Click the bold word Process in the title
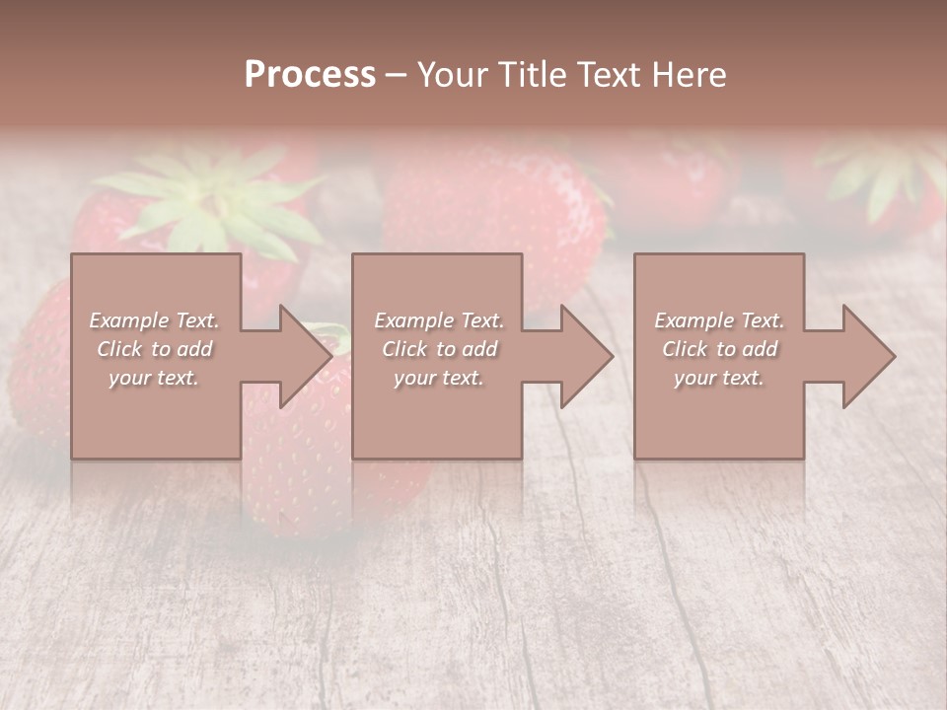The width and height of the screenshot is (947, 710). pyautogui.click(x=310, y=75)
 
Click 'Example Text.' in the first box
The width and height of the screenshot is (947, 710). pyautogui.click(x=155, y=320)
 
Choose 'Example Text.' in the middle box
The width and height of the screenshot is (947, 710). pyautogui.click(x=439, y=320)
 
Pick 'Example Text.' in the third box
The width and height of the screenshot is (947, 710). pyautogui.click(x=719, y=320)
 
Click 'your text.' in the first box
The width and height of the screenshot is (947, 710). pyautogui.click(x=154, y=378)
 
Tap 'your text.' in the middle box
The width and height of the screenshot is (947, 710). pyautogui.click(x=438, y=378)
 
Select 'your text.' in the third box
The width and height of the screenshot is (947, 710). pyautogui.click(x=718, y=378)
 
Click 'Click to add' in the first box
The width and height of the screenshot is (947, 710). pyautogui.click(x=155, y=349)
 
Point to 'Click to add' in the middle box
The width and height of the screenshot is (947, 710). pyautogui.click(x=439, y=349)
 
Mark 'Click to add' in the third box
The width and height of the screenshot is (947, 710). pyautogui.click(x=719, y=349)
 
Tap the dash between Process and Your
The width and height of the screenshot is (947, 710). pyautogui.click(x=397, y=75)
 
